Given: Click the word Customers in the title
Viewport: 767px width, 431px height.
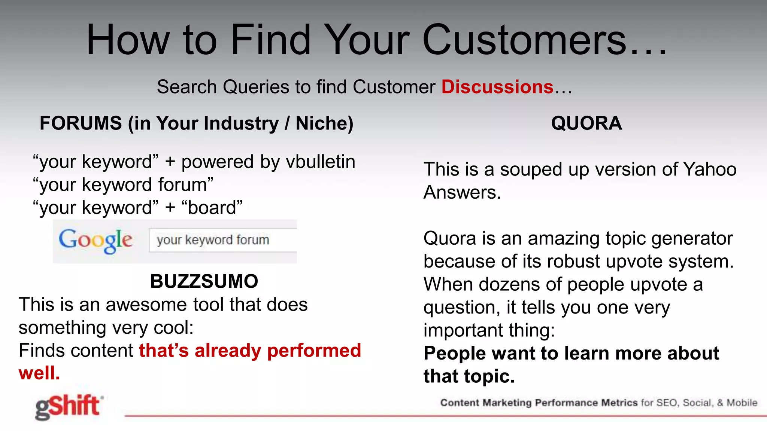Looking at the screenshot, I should tap(524, 40).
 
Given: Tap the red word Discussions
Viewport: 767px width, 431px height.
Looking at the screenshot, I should tap(497, 87).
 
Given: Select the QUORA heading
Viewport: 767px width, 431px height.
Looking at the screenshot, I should tap(586, 123).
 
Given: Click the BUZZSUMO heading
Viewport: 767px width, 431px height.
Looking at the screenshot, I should tap(204, 281).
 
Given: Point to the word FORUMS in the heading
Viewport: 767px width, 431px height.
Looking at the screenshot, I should tap(81, 123).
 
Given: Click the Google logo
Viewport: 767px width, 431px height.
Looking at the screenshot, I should tap(96, 240).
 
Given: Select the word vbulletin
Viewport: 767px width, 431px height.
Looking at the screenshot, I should tap(320, 162).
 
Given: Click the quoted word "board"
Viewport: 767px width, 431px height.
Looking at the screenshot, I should tap(212, 208).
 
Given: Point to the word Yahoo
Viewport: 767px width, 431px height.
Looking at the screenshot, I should tap(710, 169).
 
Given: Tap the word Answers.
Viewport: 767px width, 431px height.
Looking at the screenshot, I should tap(462, 192).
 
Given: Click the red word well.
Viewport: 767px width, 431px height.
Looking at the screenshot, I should tap(39, 373).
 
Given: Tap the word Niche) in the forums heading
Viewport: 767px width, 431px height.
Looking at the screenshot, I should tap(324, 123).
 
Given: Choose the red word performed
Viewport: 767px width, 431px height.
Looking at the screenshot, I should tap(314, 351).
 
